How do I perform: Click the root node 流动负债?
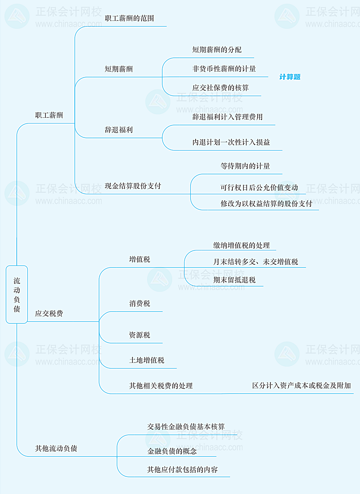tap(17, 294)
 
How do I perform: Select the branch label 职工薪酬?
tap(49, 115)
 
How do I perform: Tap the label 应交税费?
tap(49, 313)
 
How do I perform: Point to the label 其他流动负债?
tap(56, 448)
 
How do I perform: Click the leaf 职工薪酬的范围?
tap(129, 18)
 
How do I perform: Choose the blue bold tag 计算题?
tap(290, 77)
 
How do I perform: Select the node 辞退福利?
tap(118, 130)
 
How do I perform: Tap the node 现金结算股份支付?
tap(133, 186)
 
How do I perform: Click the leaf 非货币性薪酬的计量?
tap(224, 69)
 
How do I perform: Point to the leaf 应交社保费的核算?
tap(221, 88)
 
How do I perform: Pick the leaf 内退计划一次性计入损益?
tap(231, 142)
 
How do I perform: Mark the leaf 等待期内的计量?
tap(245, 166)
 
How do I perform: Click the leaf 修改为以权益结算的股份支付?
tap(266, 204)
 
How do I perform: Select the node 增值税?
tap(139, 259)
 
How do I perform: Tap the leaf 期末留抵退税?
tap(234, 280)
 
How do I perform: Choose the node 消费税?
tap(139, 304)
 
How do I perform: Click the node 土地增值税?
tap(147, 360)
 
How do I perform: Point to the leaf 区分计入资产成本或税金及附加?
tap(302, 385)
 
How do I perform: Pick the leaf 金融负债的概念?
tap(172, 451)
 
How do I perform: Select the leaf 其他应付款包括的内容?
tap(183, 470)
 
